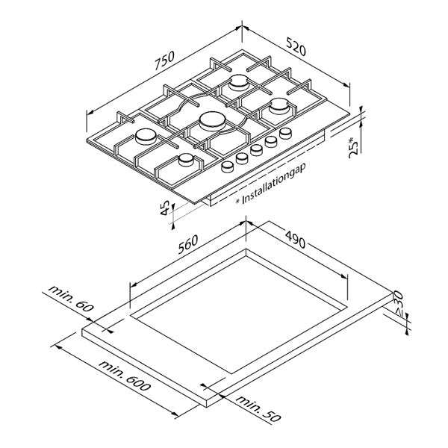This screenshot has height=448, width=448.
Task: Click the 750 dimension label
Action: (x=164, y=60)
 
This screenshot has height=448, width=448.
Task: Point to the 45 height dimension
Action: (x=165, y=208)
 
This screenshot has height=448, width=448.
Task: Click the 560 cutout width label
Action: (x=187, y=245)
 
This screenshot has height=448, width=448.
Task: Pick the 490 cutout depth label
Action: (x=296, y=239)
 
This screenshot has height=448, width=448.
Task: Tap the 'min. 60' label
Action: (x=71, y=298)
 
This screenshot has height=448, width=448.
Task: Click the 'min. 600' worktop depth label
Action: (x=125, y=376)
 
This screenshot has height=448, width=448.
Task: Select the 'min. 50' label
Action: (x=258, y=408)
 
